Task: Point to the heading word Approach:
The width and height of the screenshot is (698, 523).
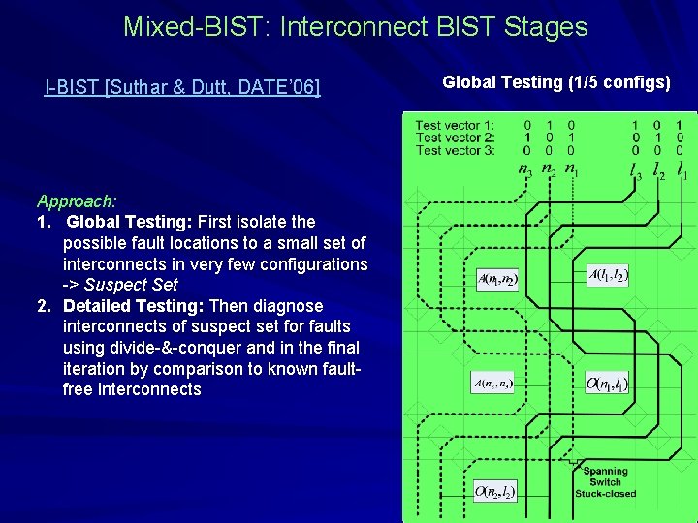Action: (77, 201)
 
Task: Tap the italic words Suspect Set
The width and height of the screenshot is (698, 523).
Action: (131, 285)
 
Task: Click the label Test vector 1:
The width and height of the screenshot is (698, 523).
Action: (455, 125)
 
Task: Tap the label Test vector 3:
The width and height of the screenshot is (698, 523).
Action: (455, 150)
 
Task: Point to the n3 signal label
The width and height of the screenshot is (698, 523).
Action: (524, 171)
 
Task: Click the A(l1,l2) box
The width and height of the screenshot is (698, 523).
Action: (609, 275)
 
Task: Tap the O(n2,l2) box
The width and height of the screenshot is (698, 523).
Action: (494, 493)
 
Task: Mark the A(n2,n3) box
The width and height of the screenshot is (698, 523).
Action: (494, 385)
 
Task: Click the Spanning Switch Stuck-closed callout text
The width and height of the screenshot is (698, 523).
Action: (606, 481)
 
